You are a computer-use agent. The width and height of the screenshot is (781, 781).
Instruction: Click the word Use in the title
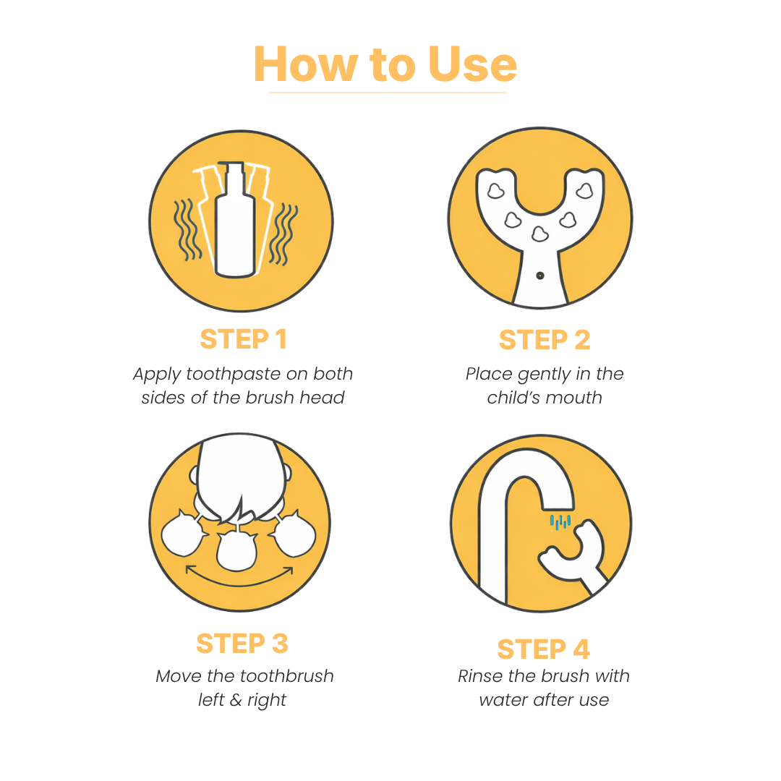(x=472, y=65)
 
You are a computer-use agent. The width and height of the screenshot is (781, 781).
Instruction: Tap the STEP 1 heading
(x=243, y=339)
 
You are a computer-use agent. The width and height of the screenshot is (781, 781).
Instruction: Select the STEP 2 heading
(x=544, y=340)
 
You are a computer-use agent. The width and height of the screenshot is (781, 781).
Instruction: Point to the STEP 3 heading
(x=242, y=643)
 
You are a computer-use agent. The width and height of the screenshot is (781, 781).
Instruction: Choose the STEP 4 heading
(x=543, y=649)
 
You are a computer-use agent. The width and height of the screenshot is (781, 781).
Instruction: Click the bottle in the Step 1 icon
(x=235, y=224)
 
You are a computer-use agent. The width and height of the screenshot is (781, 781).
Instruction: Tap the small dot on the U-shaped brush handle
(x=539, y=276)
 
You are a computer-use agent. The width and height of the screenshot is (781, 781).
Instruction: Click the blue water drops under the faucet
(x=560, y=521)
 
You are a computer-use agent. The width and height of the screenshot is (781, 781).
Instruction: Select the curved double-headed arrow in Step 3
(x=239, y=576)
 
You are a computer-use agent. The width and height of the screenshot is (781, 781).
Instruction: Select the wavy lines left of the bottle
(x=187, y=230)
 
